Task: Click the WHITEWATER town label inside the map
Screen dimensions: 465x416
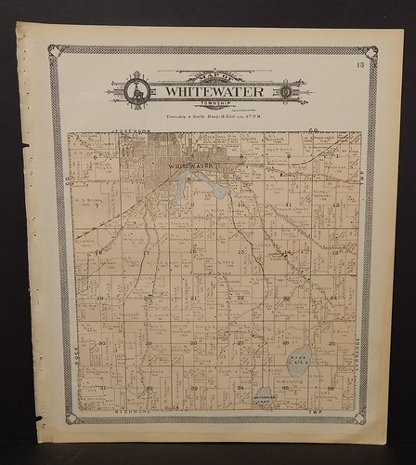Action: [190, 166]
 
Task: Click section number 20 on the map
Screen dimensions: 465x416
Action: [147, 298]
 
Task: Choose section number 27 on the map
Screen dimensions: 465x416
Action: [240, 342]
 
